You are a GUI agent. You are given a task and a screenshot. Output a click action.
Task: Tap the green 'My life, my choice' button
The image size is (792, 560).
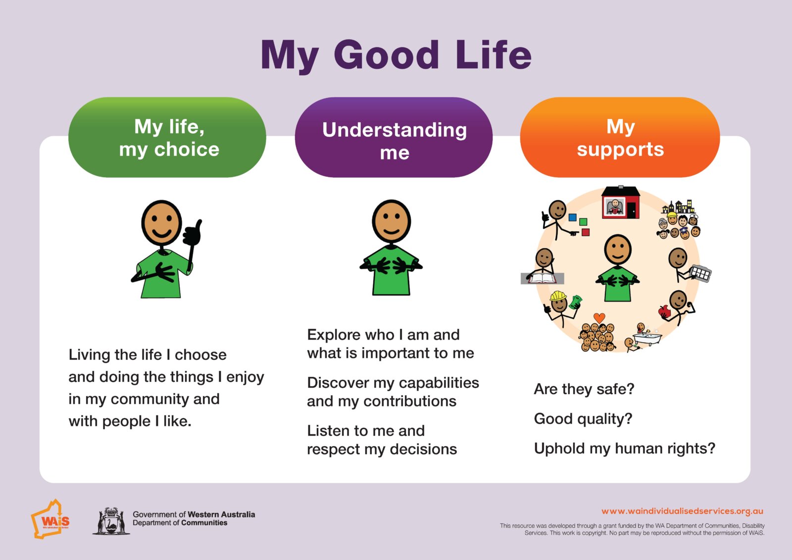(x=167, y=138)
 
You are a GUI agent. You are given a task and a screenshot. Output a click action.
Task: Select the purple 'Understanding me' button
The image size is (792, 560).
(x=394, y=138)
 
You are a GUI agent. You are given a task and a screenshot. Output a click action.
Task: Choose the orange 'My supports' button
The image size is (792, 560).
(x=620, y=138)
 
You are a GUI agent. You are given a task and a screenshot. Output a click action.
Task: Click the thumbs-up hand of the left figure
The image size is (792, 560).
(x=193, y=233)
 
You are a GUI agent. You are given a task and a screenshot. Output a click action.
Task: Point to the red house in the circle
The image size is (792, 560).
(x=621, y=203)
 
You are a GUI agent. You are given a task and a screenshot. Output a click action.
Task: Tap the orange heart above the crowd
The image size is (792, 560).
(x=599, y=317)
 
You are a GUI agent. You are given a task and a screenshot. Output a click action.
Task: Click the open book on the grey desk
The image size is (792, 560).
(x=543, y=278)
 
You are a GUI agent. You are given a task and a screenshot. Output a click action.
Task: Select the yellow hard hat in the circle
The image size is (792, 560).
(x=558, y=296)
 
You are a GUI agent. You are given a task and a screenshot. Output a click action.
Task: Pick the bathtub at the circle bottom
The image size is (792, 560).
(x=647, y=339)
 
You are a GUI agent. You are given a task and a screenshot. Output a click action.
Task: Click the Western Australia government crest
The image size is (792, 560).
(x=111, y=521)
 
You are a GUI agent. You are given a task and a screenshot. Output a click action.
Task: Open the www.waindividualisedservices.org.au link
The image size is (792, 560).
(x=682, y=511)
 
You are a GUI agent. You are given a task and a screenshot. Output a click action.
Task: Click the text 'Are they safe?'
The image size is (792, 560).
(x=584, y=389)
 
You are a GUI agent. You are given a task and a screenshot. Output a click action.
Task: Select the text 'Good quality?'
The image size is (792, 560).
(x=583, y=419)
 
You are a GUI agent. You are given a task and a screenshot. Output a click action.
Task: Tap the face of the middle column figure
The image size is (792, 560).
(x=391, y=221)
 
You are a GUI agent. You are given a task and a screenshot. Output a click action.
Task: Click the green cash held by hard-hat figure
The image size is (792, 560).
(x=576, y=301)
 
